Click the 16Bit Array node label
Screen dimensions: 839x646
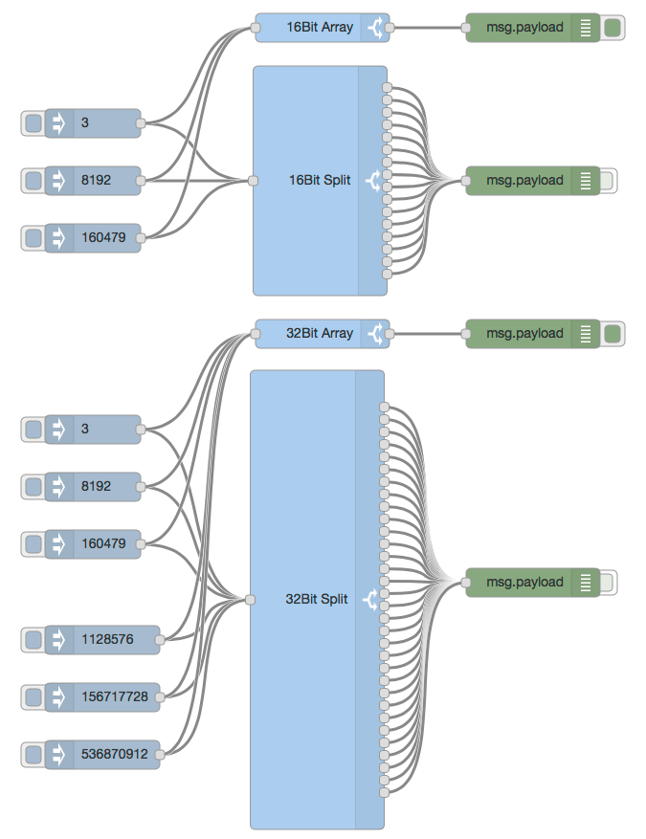point(320,28)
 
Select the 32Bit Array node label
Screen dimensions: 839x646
point(320,334)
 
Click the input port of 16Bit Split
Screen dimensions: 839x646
point(253,180)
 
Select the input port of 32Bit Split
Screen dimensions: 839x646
point(250,600)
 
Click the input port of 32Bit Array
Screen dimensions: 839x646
point(256,334)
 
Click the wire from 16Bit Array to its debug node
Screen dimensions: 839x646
point(428,28)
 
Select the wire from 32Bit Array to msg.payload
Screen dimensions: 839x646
point(428,334)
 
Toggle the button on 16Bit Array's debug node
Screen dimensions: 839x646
point(613,28)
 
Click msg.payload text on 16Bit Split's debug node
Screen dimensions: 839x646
point(524,181)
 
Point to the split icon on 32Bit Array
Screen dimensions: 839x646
point(375,334)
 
